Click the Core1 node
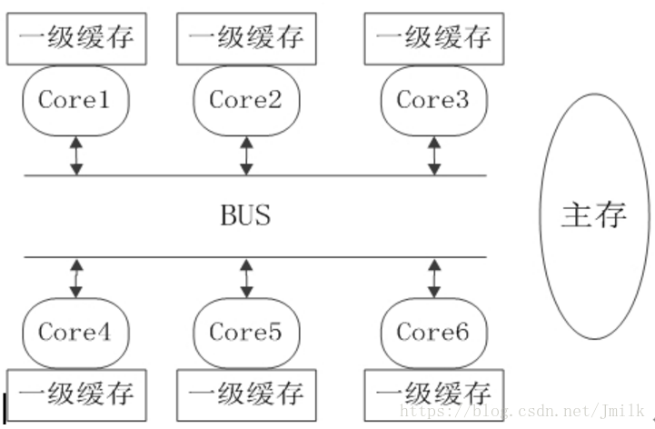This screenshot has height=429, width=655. pos(74,100)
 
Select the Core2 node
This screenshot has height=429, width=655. pos(246,100)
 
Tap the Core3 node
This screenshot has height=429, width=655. pos(433,100)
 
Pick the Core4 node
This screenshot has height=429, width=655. pos(74,333)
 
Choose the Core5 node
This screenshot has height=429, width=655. pos(246,333)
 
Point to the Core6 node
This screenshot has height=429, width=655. pos(433,333)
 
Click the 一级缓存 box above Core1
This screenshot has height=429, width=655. pos(76,39)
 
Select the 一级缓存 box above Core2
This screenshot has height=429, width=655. pos(246,39)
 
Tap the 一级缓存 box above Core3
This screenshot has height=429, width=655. pos(433,39)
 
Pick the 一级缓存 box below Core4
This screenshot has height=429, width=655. pos(76,394)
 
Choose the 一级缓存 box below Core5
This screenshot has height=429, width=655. pos(246,394)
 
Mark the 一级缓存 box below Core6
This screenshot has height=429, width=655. pos(433,394)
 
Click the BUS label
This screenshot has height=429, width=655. pos(245,216)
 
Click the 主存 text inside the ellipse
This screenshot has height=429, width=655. pos(595,215)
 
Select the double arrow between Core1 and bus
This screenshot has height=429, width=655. pos(76,155)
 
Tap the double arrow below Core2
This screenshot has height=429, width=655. pos(246,155)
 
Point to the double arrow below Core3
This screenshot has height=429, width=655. pos(434,155)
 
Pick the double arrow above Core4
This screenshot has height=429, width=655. pos(76,278)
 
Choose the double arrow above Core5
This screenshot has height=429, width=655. pos(246,278)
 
